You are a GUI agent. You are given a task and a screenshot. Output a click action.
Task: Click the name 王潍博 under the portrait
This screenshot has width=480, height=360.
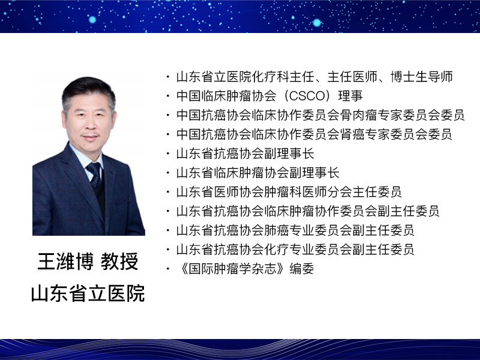[x=65, y=262]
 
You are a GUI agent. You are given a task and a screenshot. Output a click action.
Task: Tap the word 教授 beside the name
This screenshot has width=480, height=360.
[x=119, y=262]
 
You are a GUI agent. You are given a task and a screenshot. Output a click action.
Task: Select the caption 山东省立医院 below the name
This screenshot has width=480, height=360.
[x=88, y=293]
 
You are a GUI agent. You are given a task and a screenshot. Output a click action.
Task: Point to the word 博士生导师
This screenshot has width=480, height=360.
[x=422, y=77]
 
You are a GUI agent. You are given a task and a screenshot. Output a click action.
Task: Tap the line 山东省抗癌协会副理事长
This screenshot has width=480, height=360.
[x=245, y=154]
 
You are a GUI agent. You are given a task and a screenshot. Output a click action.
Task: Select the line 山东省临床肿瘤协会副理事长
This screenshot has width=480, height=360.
[x=258, y=173]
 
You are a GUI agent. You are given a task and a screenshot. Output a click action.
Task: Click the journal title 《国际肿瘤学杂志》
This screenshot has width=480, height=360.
[x=233, y=269]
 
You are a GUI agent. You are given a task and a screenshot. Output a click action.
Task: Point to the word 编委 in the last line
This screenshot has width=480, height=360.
[x=302, y=269]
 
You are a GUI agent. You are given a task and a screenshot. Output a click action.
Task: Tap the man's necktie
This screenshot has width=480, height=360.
[x=95, y=175]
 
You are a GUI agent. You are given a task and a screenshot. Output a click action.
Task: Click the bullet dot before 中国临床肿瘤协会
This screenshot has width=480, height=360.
[x=168, y=96]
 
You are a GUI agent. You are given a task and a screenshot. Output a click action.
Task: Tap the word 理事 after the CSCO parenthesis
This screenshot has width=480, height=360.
[x=350, y=96]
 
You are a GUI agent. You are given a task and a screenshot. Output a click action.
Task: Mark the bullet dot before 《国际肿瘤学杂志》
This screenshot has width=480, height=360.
[x=168, y=269]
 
